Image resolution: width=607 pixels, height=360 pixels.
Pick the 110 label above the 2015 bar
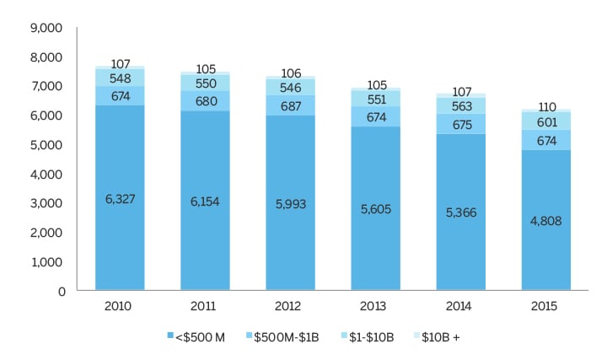pos(546,108)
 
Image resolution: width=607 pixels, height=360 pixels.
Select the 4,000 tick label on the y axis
pos(47,175)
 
